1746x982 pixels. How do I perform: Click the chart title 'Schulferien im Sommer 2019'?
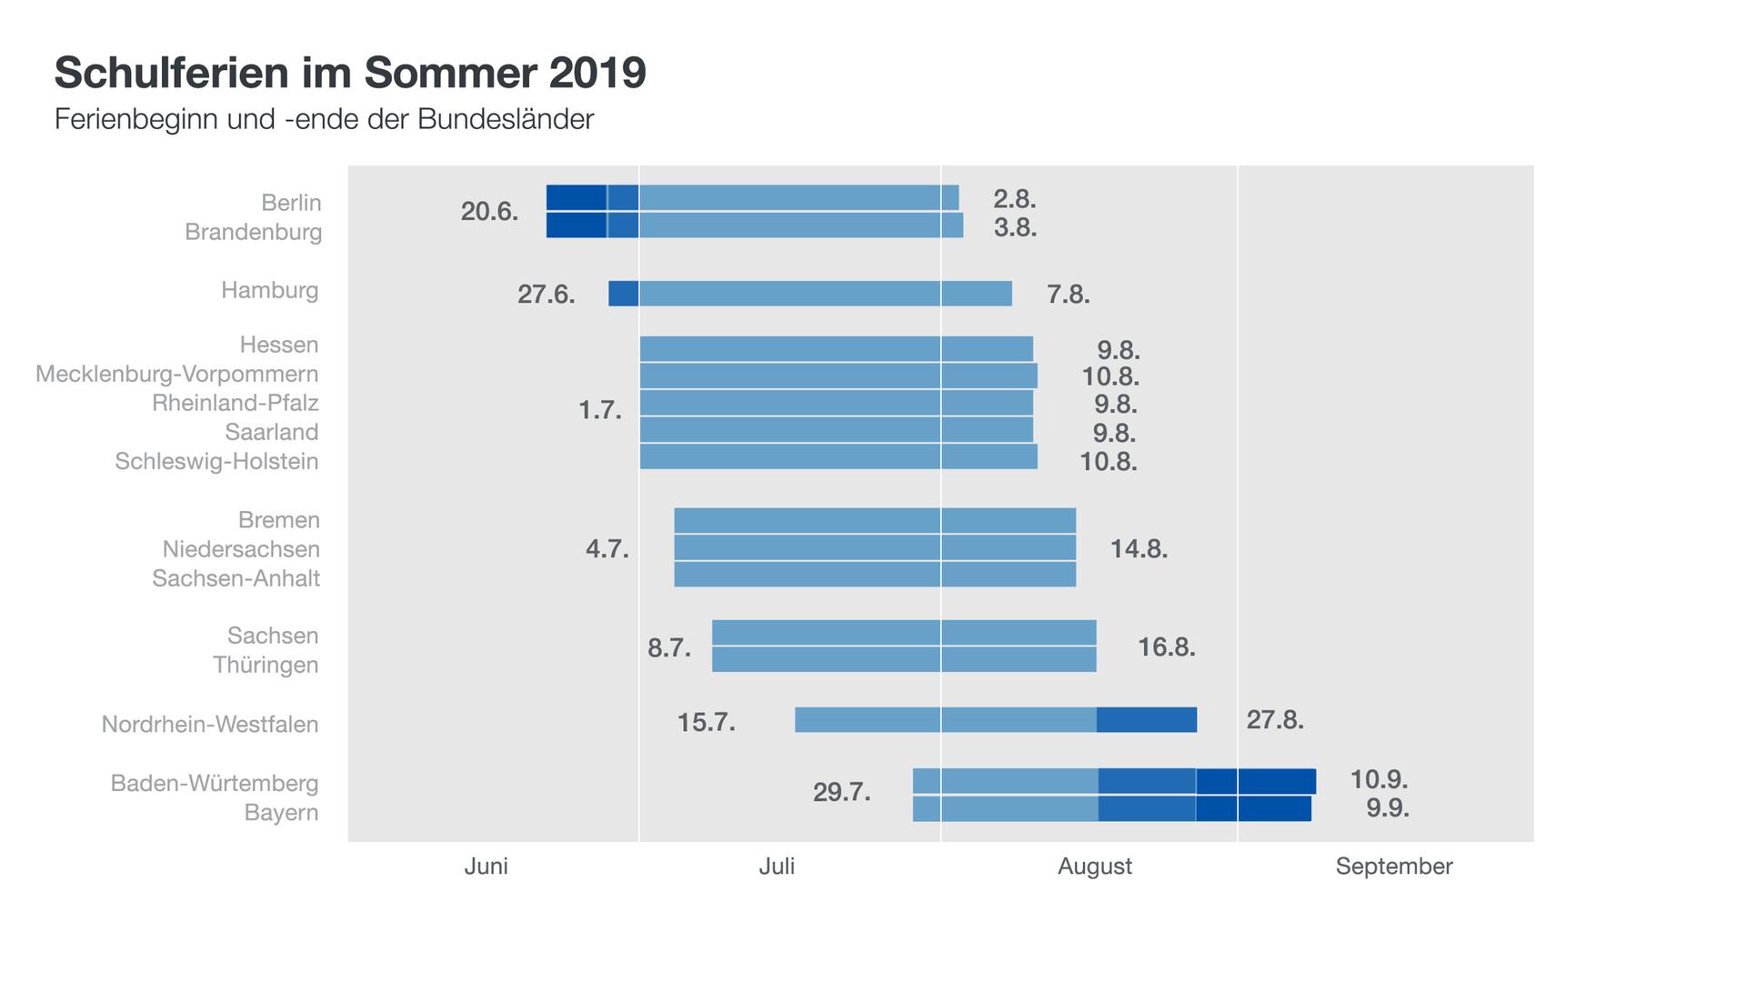(x=350, y=73)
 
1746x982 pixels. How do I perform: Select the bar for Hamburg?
(x=809, y=294)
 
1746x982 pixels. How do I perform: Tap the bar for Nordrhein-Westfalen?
(x=995, y=720)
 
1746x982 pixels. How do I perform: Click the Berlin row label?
(x=291, y=202)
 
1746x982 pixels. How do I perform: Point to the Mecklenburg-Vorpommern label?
(x=177, y=374)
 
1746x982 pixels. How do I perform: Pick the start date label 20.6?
(x=489, y=212)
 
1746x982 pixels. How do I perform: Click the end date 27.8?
(x=1275, y=720)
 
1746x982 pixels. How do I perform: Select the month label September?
(x=1393, y=867)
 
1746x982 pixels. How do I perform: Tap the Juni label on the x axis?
(x=486, y=867)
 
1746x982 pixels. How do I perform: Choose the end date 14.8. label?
(x=1139, y=549)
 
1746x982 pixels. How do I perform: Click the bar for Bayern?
(x=1111, y=809)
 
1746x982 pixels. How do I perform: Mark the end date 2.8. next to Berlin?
(x=1015, y=198)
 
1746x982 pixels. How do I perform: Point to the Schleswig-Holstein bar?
(x=838, y=456)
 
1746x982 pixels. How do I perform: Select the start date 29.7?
(x=841, y=792)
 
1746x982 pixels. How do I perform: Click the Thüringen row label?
(x=266, y=665)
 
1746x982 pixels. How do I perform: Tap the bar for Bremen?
(x=875, y=521)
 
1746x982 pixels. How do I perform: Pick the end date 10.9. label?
(x=1379, y=779)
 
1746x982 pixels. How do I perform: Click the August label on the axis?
(x=1094, y=867)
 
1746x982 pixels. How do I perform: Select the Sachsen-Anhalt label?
(x=236, y=578)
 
